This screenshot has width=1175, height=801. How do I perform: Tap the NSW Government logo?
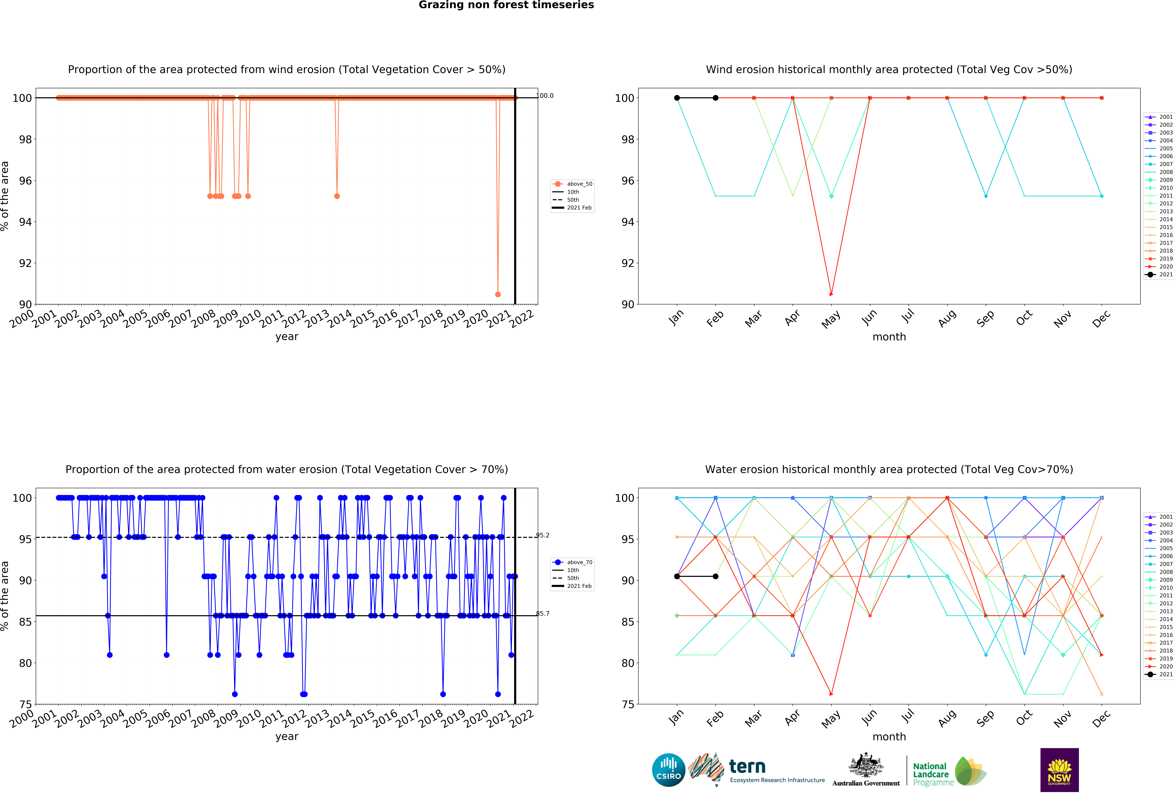[x=1059, y=770]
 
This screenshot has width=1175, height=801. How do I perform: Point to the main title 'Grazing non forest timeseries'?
[x=506, y=5]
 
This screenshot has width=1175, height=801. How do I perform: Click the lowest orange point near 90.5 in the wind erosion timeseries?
[x=498, y=294]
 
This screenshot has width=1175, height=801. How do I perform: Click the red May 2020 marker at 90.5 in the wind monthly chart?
[x=831, y=294]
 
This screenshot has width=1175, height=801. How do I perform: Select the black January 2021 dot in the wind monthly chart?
[x=677, y=98]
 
